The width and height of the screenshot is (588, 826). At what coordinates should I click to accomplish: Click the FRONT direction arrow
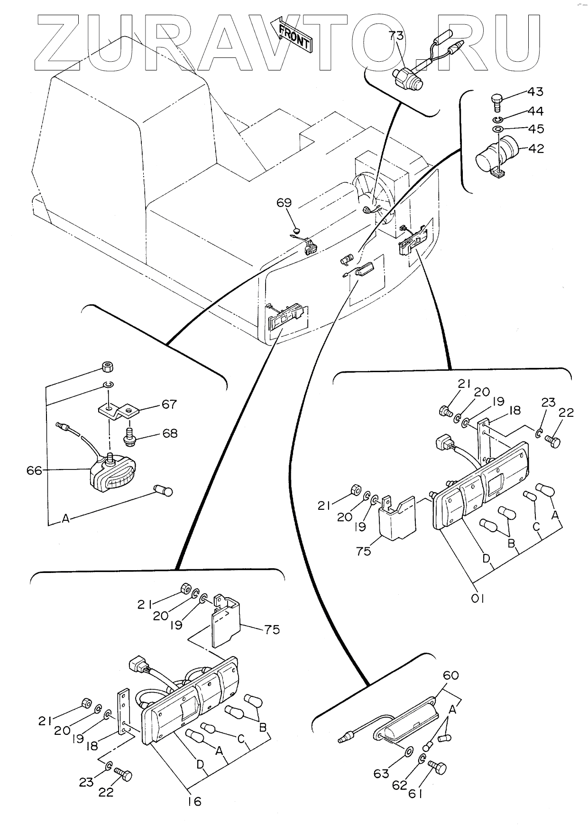[294, 34]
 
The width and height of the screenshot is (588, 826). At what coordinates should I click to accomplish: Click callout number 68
[169, 433]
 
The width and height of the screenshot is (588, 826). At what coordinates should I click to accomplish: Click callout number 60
[450, 675]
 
